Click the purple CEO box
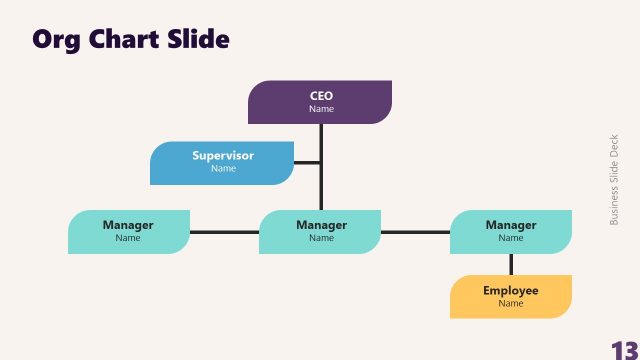click(320, 102)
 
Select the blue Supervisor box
click(222, 162)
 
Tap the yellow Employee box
click(511, 296)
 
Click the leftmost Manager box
click(128, 231)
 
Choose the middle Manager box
click(321, 231)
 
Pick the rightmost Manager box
click(511, 231)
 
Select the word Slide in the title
click(199, 39)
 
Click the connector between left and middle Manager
click(224, 232)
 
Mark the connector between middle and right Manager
click(415, 232)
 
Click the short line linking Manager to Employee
click(511, 264)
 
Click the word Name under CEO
click(321, 109)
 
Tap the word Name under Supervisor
click(223, 168)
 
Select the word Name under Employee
click(511, 303)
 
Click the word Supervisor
click(223, 156)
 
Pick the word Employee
click(511, 291)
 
